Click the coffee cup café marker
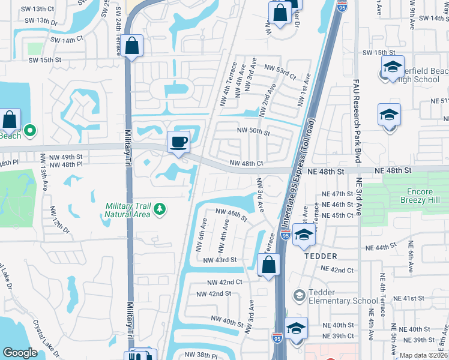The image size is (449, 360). pyautogui.click(x=178, y=143)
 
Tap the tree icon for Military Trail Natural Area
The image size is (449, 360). pyautogui.click(x=159, y=209)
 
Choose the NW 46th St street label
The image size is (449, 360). pyautogui.click(x=231, y=214)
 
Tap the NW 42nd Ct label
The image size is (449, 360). pyautogui.click(x=224, y=281)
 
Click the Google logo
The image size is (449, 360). pyautogui.click(x=20, y=352)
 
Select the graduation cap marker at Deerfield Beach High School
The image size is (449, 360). pyautogui.click(x=393, y=67)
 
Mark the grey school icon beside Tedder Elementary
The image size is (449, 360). pyautogui.click(x=298, y=296)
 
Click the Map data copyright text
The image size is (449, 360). pyautogui.click(x=424, y=355)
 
